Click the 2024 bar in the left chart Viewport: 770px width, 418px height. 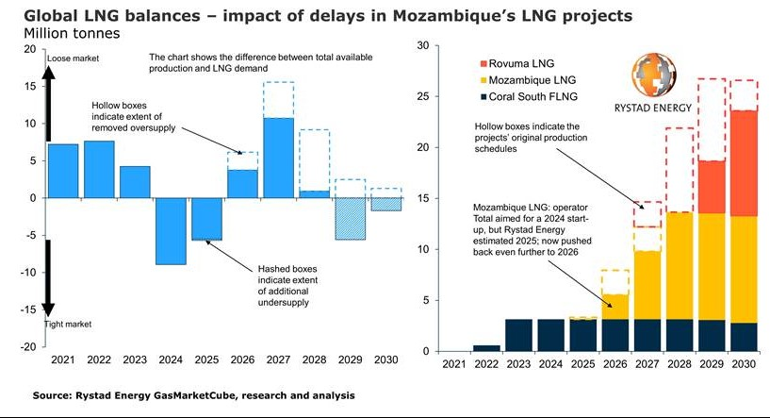point(170,231)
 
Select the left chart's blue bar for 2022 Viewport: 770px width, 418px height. point(98,170)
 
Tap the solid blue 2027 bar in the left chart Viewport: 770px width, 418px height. point(278,158)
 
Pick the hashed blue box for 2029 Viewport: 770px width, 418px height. point(350,219)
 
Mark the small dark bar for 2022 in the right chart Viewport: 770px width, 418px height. point(487,348)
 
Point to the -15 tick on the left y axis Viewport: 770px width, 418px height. point(30,309)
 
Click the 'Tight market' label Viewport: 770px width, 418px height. point(69,324)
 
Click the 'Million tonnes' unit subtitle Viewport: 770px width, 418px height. point(66,34)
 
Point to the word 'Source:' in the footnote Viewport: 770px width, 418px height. point(53,394)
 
